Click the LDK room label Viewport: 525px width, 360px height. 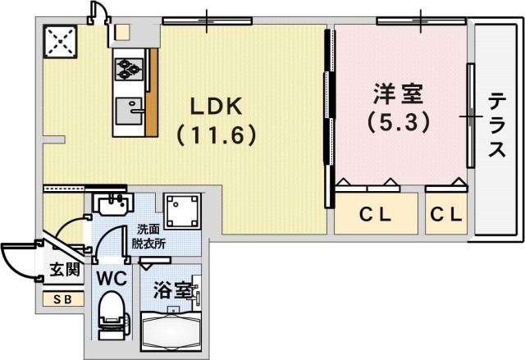click(216, 107)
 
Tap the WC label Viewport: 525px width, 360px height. click(112, 278)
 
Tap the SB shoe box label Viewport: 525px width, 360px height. click(62, 298)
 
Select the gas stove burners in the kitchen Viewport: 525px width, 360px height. click(128, 66)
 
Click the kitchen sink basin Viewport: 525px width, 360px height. click(129, 108)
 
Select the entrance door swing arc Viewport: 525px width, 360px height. click(21, 262)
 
